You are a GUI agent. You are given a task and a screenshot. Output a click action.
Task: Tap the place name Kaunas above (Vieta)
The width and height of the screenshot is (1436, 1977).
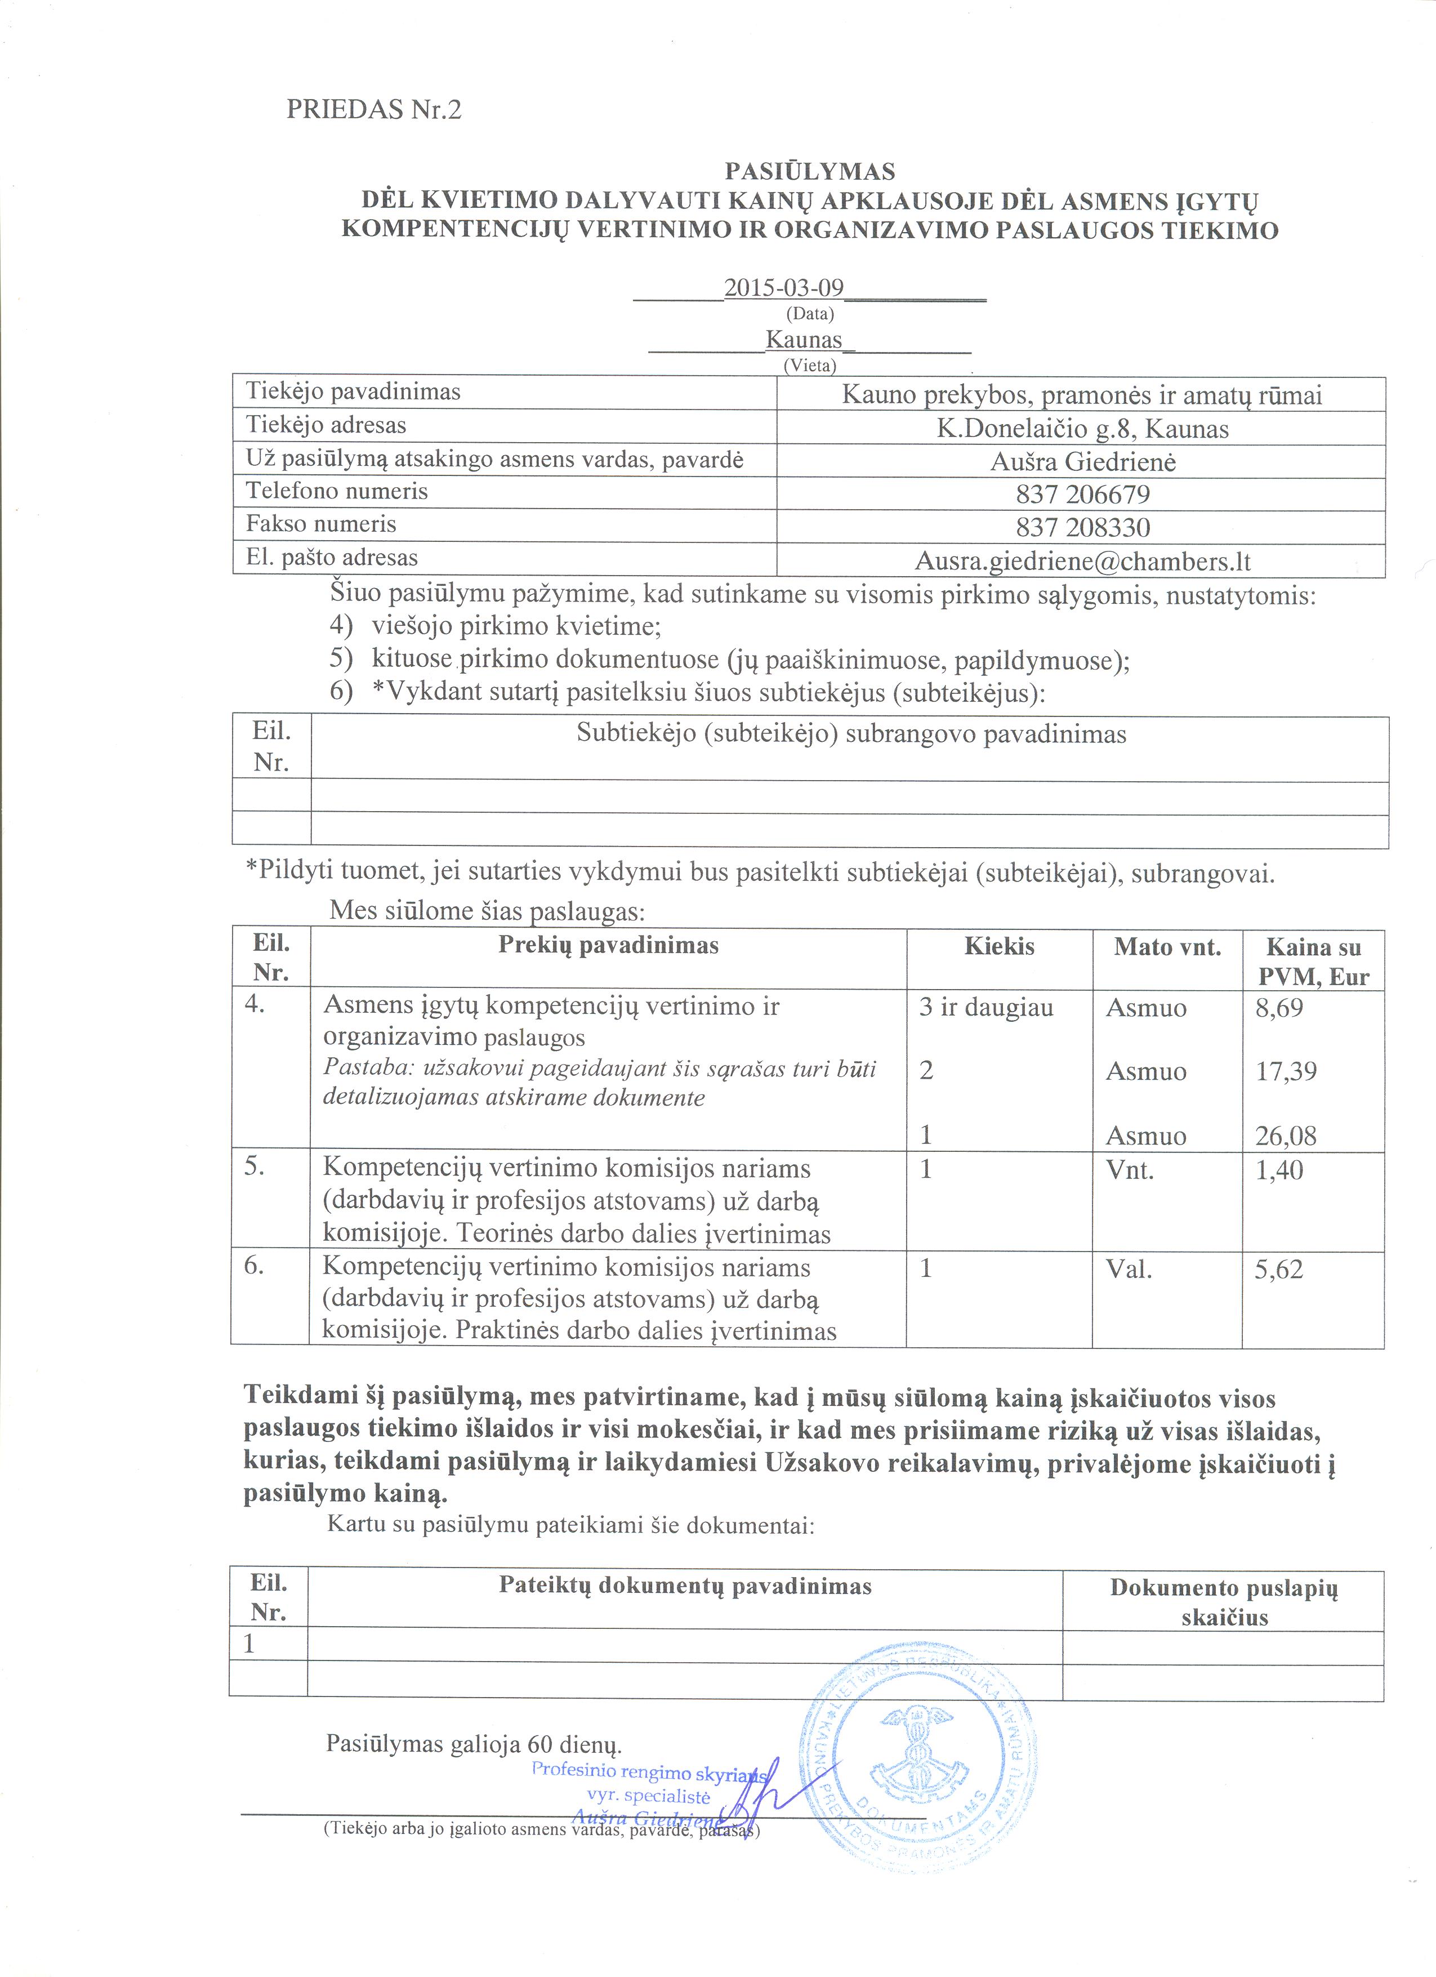[x=804, y=339]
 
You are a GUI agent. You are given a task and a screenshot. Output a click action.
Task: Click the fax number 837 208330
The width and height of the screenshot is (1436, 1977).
[x=1082, y=527]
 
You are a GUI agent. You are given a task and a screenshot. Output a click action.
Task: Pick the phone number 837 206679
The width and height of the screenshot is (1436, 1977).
[x=1082, y=495]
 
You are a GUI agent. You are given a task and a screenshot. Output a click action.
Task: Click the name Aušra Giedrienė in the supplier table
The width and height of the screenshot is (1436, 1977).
[x=1082, y=461]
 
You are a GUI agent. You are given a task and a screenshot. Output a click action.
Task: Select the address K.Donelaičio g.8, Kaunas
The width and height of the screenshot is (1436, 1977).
[x=1082, y=429]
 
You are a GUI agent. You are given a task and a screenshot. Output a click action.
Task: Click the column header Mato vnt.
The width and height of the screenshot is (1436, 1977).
[x=1167, y=947]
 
